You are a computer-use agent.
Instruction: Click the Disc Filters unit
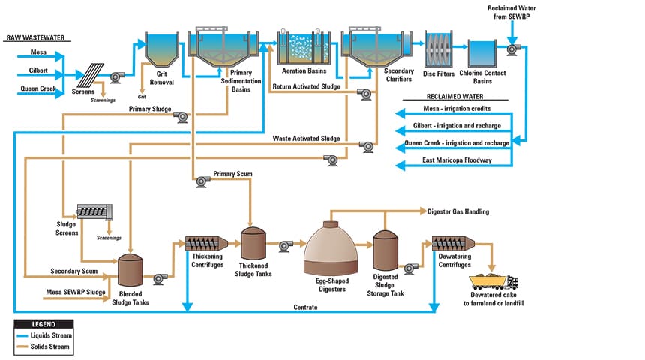pos(440,49)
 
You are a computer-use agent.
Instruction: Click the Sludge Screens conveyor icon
pos(95,212)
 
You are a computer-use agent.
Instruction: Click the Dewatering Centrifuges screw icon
pos(454,244)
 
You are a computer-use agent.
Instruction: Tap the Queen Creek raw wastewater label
pos(34,88)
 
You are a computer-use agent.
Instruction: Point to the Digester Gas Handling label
pos(457,212)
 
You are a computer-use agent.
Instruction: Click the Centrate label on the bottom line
pos(305,307)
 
